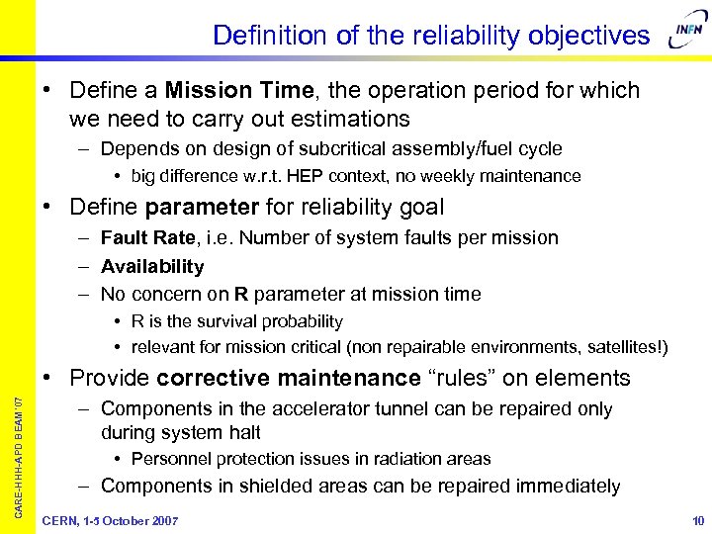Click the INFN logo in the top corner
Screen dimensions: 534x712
coord(686,37)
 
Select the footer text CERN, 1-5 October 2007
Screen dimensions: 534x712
coord(111,521)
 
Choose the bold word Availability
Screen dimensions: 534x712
coord(152,266)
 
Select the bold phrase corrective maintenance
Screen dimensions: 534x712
coord(289,378)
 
